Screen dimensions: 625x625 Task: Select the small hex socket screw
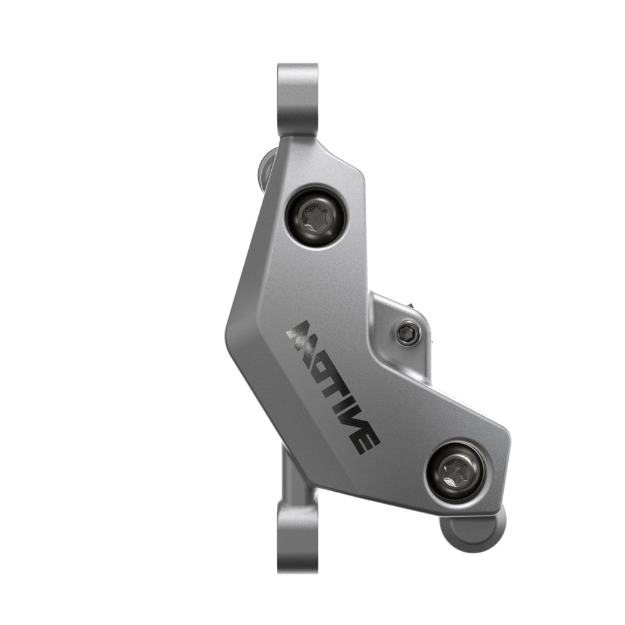(406, 332)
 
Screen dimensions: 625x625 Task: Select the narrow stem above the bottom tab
(291, 475)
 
